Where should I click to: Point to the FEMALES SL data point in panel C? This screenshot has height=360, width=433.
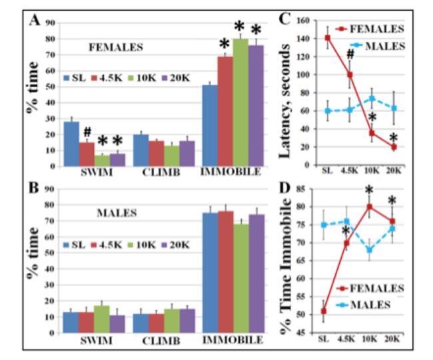[x=327, y=37]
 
